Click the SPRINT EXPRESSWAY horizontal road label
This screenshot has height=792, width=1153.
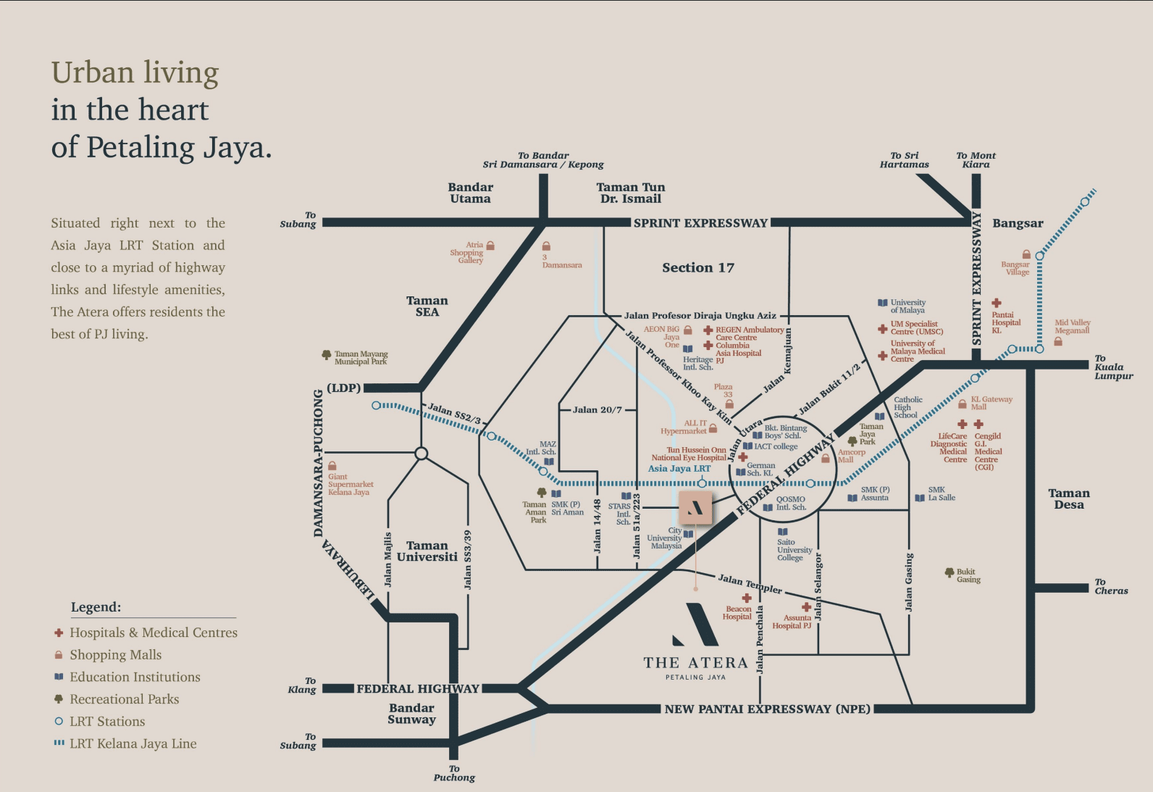700,223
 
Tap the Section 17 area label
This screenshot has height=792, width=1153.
697,268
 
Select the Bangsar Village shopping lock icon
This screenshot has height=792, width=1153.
1026,254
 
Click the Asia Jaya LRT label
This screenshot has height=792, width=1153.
679,469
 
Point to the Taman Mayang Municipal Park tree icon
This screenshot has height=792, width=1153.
326,355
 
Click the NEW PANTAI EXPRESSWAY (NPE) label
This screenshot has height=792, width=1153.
767,709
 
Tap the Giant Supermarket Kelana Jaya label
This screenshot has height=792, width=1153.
350,484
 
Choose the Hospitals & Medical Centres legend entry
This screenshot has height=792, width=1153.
153,633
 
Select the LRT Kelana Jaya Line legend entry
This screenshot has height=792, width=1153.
133,743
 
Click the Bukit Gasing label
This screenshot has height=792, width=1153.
968,576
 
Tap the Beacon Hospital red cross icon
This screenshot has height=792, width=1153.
747,599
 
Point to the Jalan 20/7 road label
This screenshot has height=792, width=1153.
597,410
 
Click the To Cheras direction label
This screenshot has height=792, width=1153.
1110,587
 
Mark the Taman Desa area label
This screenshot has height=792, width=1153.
1068,499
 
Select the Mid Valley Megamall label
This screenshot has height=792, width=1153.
1072,327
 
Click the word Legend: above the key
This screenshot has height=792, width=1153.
96,607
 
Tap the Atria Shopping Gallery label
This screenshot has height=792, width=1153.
467,253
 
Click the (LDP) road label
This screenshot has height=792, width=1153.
343,388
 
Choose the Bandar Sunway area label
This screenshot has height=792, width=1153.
411,714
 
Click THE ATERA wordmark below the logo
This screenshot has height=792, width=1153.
695,663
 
